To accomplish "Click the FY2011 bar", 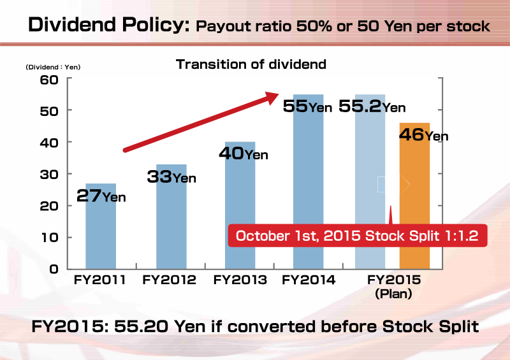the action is tap(101, 226).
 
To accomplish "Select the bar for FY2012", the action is tap(171, 217).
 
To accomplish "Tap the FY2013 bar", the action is tap(240, 206).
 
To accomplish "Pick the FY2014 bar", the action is tap(309, 182).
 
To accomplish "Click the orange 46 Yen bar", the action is tap(415, 196).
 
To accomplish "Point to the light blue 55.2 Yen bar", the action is tap(370, 182).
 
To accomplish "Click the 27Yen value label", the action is tap(101, 196).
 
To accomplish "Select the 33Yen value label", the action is tap(171, 176).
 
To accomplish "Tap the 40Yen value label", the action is tap(244, 153).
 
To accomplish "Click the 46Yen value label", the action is tap(424, 134).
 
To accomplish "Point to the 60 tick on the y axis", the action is tap(49, 80).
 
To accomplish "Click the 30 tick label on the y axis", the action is tap(49, 175).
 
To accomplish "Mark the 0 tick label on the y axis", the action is tap(54, 269).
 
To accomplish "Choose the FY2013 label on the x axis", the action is tap(240, 280).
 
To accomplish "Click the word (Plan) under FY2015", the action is tap(393, 294).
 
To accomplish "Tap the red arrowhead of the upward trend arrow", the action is tap(272, 97).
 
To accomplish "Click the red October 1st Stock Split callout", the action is tap(358, 236).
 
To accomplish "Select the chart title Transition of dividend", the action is tap(251, 64).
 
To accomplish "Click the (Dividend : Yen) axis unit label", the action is tap(53, 67).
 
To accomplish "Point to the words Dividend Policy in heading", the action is tap(109, 25).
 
